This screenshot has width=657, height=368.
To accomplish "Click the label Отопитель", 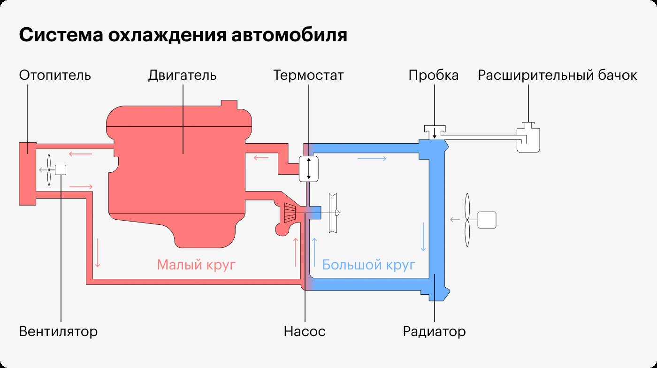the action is tap(55, 76).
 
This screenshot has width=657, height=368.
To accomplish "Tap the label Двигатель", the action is tap(182, 76).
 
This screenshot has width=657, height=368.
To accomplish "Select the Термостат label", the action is tap(308, 76).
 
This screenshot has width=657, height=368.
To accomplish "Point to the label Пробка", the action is tap(434, 76).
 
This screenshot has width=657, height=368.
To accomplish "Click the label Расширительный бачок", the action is tap(558, 76).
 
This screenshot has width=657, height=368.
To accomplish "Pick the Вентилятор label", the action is tap(58, 331).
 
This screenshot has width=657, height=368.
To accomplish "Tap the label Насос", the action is tap(305, 331).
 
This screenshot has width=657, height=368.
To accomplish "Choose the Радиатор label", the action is tap(434, 331).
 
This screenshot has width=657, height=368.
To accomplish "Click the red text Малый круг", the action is tap(196, 265).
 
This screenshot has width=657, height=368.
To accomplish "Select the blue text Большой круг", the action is tap(369, 265).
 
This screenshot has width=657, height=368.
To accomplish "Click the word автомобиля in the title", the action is tap(289, 36).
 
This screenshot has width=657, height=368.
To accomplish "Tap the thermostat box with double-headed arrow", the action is tap(309, 169).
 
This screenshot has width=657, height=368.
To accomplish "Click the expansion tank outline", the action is tap(528, 138).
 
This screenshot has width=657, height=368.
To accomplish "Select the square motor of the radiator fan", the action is tap(487, 220).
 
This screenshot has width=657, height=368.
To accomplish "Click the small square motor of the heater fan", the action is tap(61, 170).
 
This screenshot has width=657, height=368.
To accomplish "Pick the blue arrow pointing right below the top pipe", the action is tap(372, 159).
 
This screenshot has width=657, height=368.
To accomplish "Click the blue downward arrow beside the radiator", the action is tap(423, 237).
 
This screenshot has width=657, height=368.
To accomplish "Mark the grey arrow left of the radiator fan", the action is tap(455, 220).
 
